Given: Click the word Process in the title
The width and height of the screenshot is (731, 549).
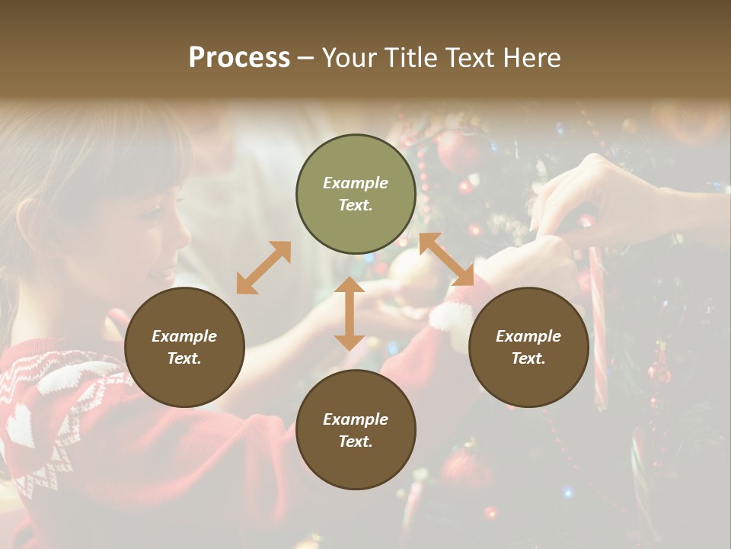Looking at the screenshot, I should (x=239, y=58).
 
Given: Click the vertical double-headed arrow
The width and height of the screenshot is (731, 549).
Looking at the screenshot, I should (x=350, y=313).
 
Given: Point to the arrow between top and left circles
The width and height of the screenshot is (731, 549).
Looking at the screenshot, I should (x=263, y=268).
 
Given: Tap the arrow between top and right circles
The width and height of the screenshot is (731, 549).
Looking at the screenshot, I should (x=446, y=259).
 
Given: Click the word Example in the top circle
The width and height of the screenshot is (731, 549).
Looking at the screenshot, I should (x=356, y=183).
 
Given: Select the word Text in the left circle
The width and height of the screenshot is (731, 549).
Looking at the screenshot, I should (x=184, y=358).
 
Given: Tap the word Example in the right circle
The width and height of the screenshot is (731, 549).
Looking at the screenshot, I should (x=528, y=336).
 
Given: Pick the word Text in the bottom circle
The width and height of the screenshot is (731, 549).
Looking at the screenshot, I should (x=356, y=441).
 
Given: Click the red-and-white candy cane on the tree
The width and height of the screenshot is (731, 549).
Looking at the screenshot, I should (x=599, y=328).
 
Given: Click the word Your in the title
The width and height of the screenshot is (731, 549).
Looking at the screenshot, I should (x=349, y=58).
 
